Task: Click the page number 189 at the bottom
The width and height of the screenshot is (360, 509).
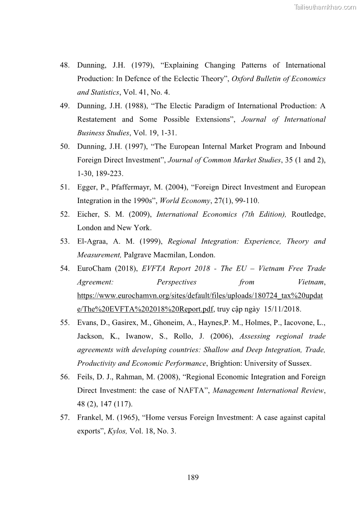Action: pos(193,477)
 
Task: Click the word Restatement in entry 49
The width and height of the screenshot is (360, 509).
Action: pos(97,120)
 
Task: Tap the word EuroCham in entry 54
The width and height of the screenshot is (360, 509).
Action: pos(95,268)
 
